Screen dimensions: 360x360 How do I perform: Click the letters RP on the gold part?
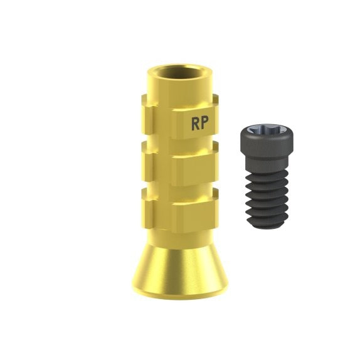click(x=200, y=123)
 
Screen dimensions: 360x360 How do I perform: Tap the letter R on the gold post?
click(x=196, y=123)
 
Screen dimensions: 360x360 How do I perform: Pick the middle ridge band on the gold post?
click(x=180, y=164)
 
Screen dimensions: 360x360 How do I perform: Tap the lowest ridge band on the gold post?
click(x=180, y=210)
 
